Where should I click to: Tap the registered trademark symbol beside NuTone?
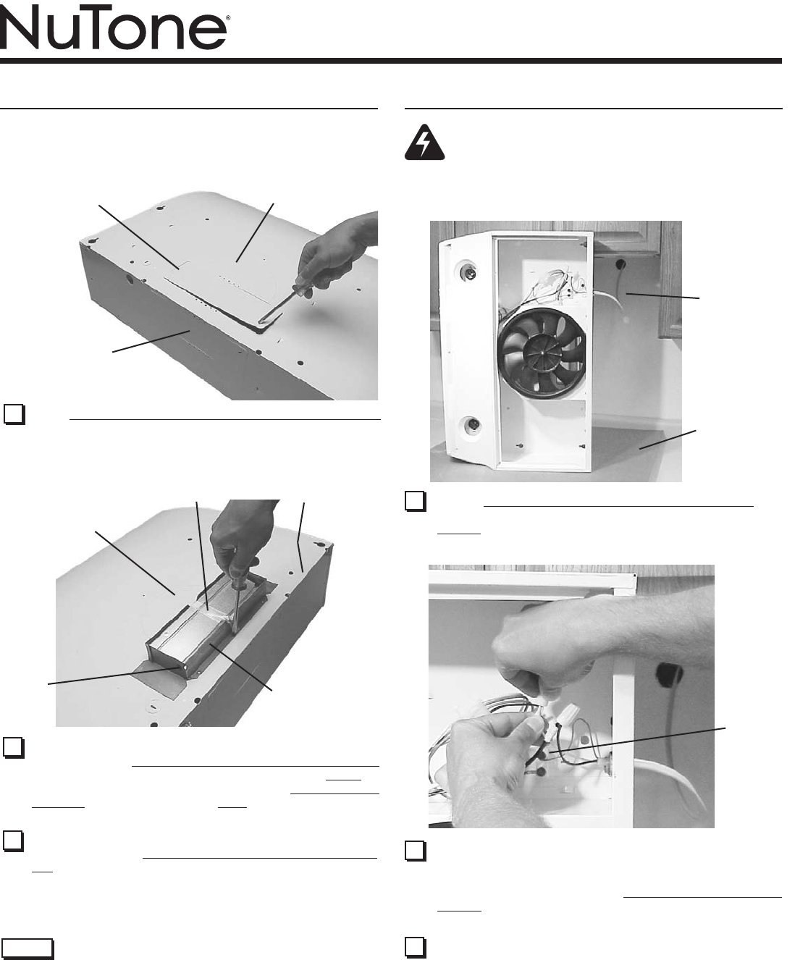pyautogui.click(x=227, y=18)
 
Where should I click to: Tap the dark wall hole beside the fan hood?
pyautogui.click(x=620, y=264)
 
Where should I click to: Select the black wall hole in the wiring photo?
pyautogui.click(x=669, y=674)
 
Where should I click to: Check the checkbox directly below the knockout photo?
pyautogui.click(x=14, y=414)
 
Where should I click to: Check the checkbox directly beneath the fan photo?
pyautogui.click(x=416, y=502)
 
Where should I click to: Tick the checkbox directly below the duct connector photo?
pyautogui.click(x=14, y=748)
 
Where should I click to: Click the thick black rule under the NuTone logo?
pyautogui.click(x=391, y=61)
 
